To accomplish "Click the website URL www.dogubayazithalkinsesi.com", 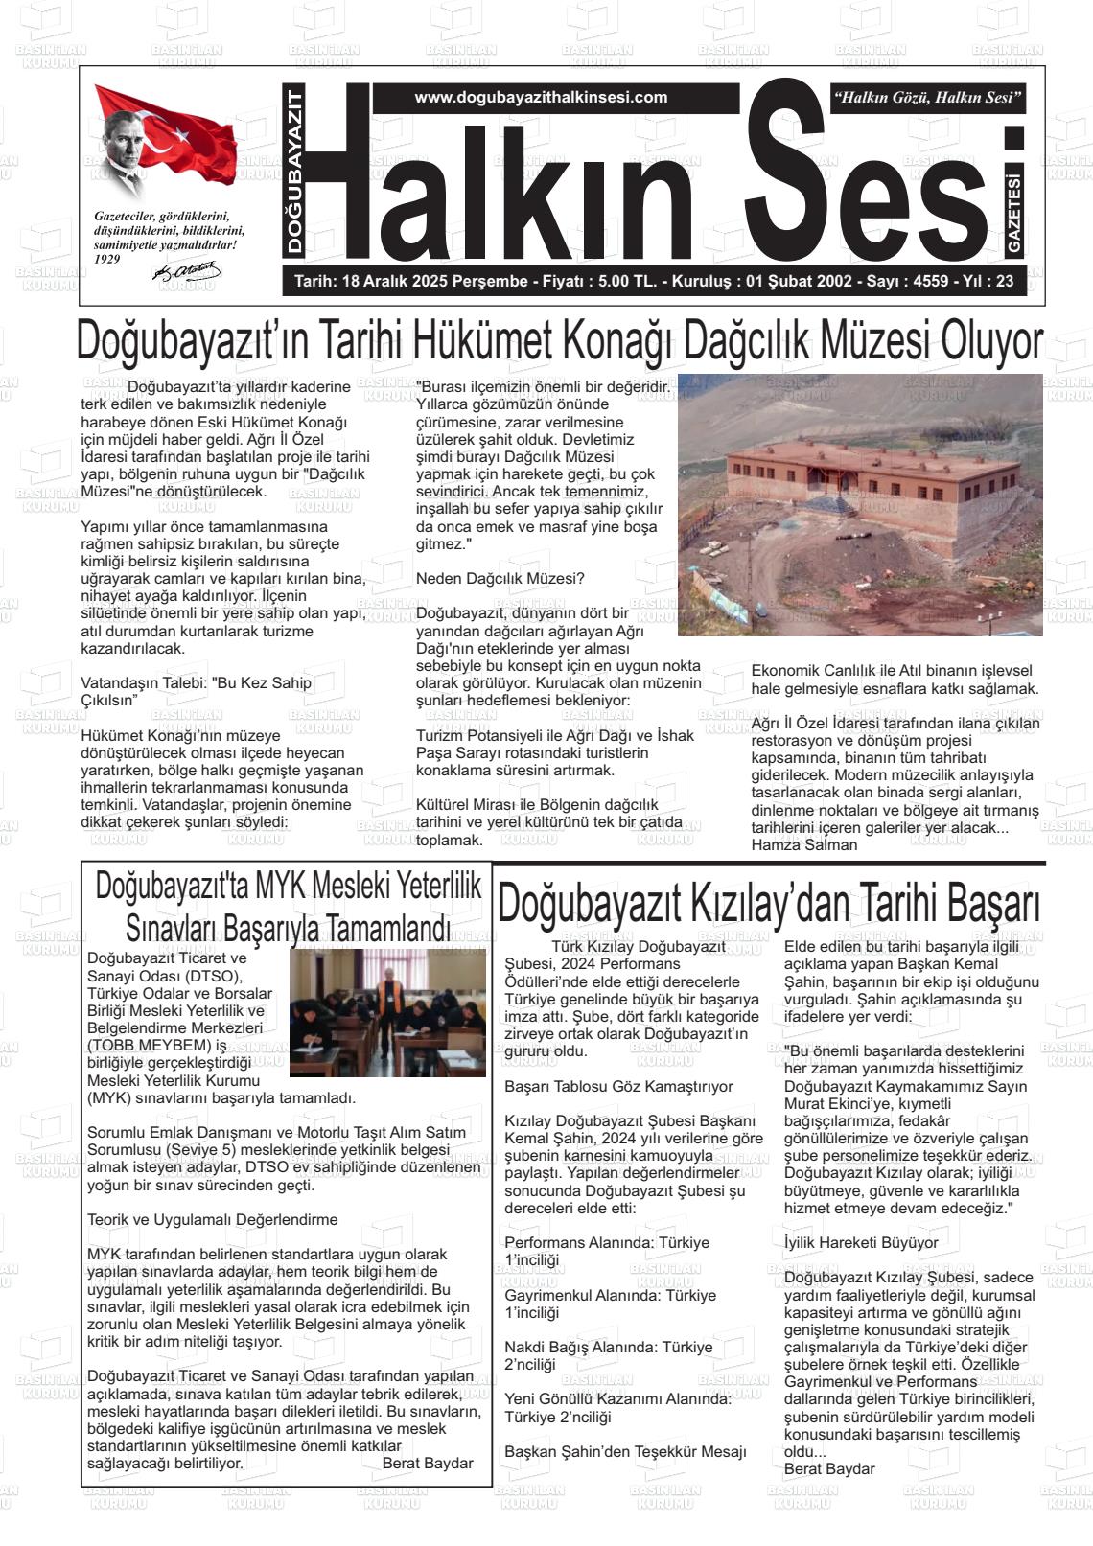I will pos(541,98).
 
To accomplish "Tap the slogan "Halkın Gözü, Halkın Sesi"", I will pos(928,98).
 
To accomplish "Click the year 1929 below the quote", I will pos(107,259).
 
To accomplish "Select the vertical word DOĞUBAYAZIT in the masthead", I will pos(294,172).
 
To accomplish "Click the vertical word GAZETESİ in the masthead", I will pos(1014,214).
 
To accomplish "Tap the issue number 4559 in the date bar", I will pos(931,282).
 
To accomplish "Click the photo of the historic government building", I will pos(860,505).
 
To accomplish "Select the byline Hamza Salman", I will pos(803,844).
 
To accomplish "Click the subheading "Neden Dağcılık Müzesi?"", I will pos(500,578).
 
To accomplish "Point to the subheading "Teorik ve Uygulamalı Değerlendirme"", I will pos(212,1219).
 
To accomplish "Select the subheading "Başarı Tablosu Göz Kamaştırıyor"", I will pos(618,1086).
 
